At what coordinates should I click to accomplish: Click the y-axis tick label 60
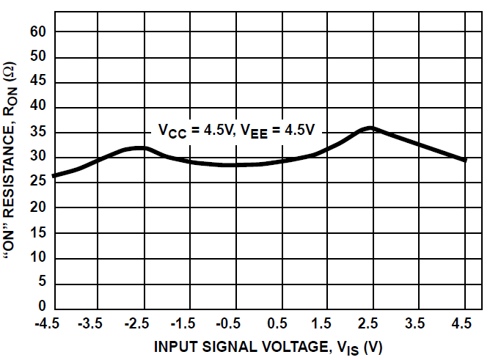point(39,32)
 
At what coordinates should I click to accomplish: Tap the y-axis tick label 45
point(39,82)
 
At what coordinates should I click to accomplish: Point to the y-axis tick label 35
point(39,133)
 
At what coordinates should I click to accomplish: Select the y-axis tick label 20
point(39,208)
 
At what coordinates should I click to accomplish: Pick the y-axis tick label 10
point(39,259)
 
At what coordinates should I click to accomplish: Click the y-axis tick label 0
point(43,306)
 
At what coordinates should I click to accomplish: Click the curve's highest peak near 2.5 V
point(371,128)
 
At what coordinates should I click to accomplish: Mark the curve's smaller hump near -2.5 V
point(141,148)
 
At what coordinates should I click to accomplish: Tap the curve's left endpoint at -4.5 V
point(55,176)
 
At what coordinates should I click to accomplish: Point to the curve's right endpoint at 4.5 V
point(464,160)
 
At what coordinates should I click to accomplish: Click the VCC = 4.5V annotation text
point(195,131)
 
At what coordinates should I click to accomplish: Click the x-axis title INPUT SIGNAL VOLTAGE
point(268,347)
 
